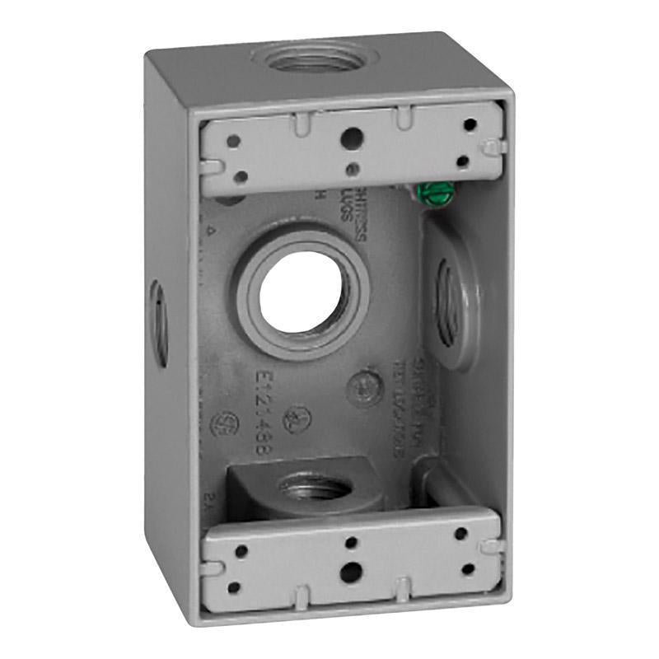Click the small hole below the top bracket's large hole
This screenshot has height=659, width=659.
click(353, 170)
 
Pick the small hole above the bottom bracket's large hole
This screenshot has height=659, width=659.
click(351, 541)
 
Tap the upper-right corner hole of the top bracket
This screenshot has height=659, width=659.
click(470, 125)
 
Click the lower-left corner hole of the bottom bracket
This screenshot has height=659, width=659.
click(234, 587)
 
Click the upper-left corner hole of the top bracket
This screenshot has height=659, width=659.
click(233, 141)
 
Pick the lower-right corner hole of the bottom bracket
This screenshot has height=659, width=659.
click(469, 568)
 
